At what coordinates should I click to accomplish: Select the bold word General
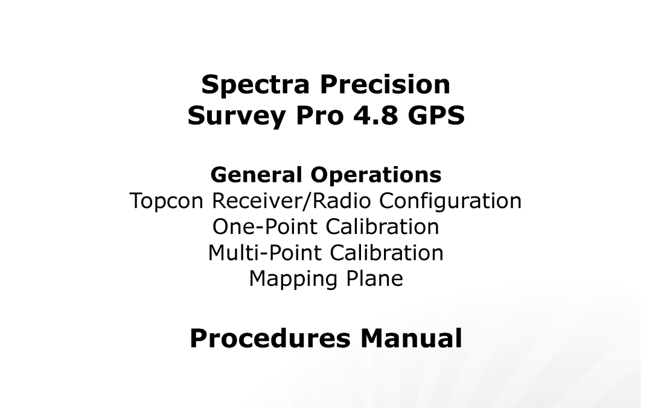[256, 175]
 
